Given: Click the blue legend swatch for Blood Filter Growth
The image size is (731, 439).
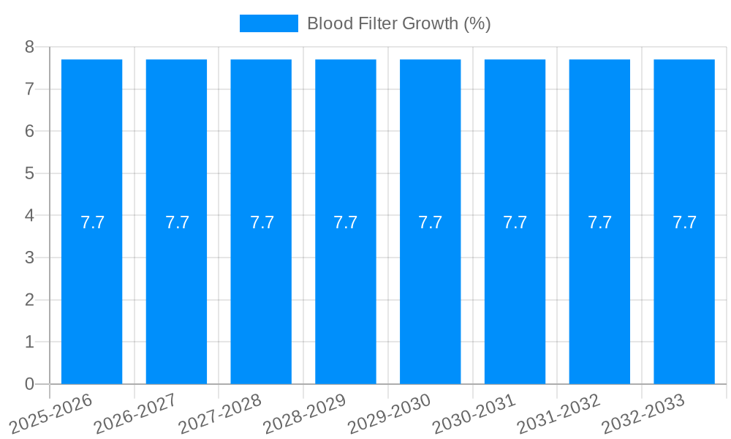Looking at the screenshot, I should (268, 23).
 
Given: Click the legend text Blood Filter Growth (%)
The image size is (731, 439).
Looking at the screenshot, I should (398, 23).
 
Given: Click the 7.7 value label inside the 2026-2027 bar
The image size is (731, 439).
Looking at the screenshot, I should (177, 222).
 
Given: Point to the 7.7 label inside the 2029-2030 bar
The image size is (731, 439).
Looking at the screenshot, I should (431, 222).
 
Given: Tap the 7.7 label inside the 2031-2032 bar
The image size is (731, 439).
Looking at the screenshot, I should (599, 222).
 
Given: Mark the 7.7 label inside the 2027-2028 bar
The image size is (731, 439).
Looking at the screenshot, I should (262, 222).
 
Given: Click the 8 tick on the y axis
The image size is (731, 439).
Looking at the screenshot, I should (29, 47).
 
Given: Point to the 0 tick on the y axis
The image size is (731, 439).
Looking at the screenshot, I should (29, 384).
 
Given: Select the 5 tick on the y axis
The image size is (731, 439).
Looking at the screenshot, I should (29, 173).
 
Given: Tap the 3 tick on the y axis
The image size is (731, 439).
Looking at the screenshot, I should (29, 258).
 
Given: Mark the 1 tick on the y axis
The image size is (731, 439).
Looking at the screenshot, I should (29, 342).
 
